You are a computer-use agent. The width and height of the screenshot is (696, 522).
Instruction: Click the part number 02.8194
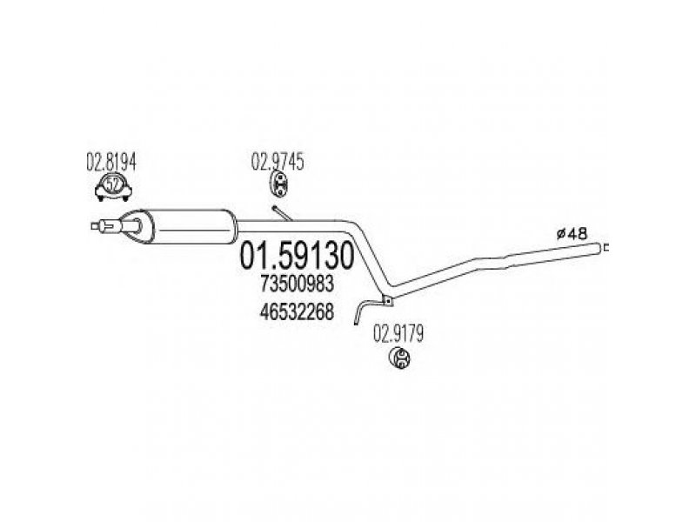point(111,163)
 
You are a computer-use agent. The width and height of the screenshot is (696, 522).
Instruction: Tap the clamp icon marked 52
point(114,187)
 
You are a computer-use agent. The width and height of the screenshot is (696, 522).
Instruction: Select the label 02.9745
point(278,162)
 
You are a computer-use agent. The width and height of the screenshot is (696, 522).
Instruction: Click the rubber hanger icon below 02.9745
point(278,184)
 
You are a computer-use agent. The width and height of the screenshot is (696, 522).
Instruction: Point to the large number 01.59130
point(297,256)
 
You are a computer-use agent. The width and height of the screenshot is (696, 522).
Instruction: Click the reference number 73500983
point(297,284)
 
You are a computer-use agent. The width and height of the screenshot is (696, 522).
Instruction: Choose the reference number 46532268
point(297,312)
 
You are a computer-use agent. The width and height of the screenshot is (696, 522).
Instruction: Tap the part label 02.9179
point(398,334)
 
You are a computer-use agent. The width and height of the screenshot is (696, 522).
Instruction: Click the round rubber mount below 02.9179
point(399,358)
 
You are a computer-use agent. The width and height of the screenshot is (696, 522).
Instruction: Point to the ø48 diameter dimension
point(572,233)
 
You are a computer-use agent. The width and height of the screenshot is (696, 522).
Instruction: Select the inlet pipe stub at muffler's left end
point(105,226)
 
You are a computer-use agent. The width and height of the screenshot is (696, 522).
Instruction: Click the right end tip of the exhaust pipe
point(606,248)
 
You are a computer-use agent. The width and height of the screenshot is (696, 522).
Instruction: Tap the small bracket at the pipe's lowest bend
point(387,300)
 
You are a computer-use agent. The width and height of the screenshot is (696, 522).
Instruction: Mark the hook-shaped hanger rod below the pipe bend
point(366,311)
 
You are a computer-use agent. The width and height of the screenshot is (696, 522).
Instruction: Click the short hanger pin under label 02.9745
point(282,212)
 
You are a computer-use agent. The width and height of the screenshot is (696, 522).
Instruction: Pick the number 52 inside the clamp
point(114,184)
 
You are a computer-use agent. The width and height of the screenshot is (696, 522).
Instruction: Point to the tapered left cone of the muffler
point(137,226)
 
